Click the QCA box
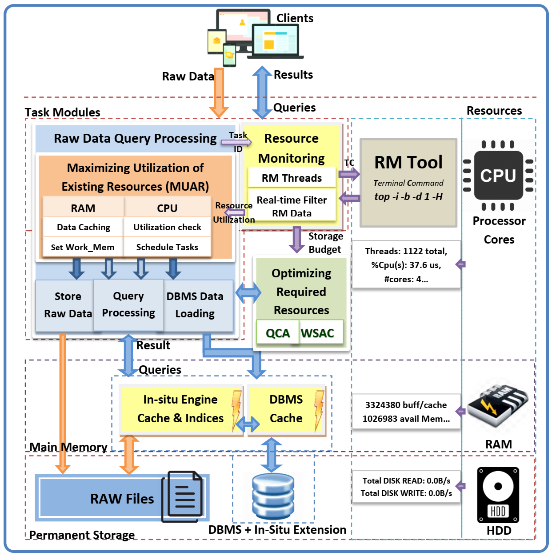[277, 332]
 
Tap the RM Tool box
[408, 182]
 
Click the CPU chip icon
[498, 175]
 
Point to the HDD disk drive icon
[498, 494]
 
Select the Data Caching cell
[84, 227]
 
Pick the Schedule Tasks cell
[167, 247]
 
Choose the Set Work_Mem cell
[83, 247]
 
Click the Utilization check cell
[167, 227]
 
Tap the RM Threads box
[292, 178]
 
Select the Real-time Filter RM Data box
[292, 206]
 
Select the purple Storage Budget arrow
[296, 239]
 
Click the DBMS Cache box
[286, 409]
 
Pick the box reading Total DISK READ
[406, 487]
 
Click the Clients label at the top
[295, 18]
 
